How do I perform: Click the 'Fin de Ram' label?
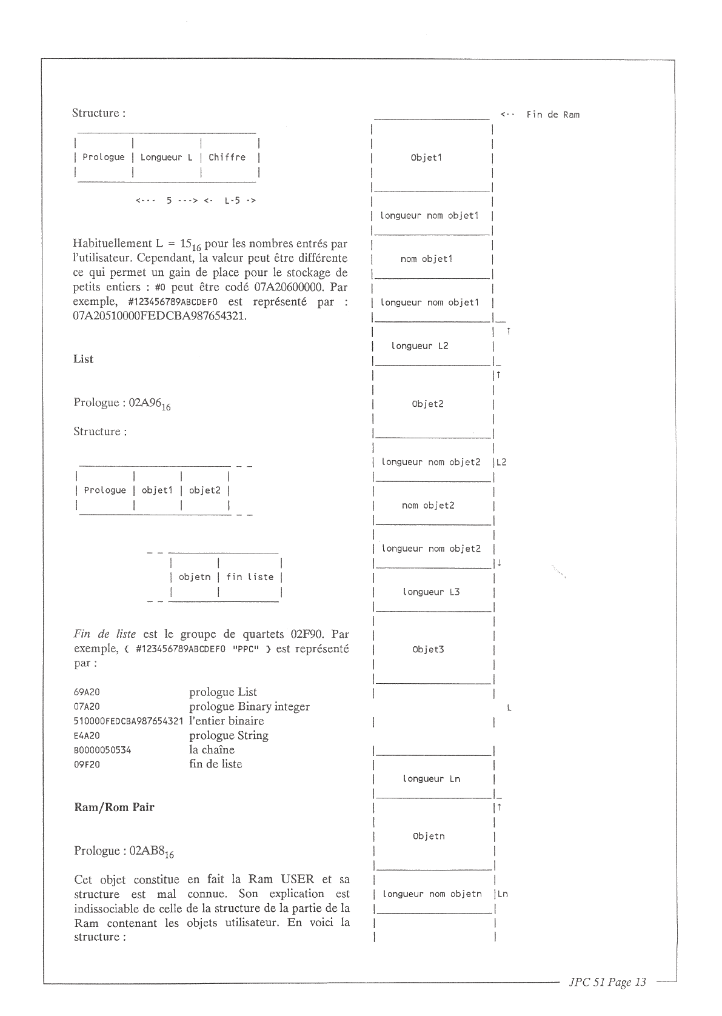[x=552, y=115]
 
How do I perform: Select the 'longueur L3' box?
[x=431, y=592]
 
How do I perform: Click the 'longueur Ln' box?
[x=431, y=778]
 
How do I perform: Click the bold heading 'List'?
[x=84, y=359]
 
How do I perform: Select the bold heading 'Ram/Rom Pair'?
[x=114, y=807]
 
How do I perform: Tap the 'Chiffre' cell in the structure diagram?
[x=227, y=158]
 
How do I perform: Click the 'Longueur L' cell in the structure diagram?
[x=166, y=158]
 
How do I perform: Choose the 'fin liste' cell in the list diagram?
[x=250, y=577]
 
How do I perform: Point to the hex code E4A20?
[x=87, y=736]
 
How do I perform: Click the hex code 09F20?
[x=87, y=765]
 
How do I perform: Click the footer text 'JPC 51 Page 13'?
[x=607, y=983]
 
